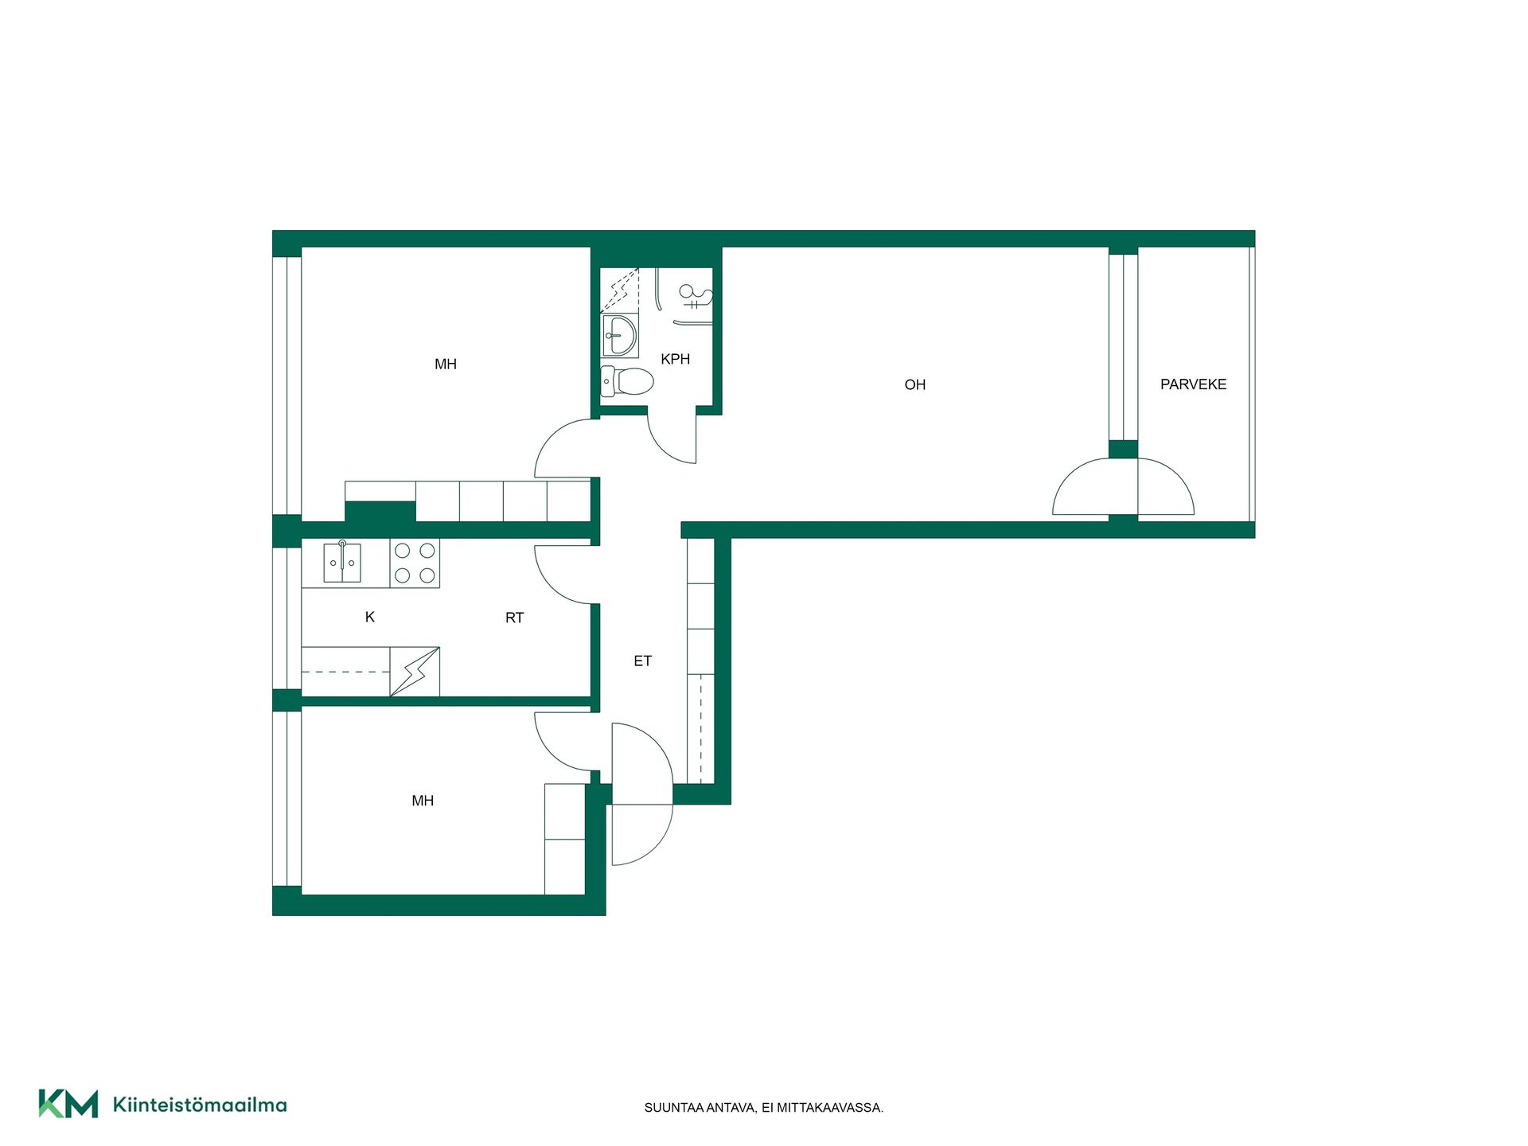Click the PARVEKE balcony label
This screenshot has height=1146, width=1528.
(1193, 384)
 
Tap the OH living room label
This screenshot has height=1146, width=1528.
(915, 385)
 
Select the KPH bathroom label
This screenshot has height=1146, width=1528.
(675, 359)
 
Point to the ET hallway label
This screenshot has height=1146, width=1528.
(642, 661)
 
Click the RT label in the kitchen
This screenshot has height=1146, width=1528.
(514, 618)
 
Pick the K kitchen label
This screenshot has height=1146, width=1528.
(369, 617)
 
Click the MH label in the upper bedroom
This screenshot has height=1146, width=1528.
(446, 364)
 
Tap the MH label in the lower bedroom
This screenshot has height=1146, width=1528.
(423, 801)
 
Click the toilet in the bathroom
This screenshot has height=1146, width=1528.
(627, 381)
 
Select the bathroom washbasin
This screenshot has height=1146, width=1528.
(619, 335)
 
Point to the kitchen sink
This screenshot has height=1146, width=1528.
(342, 563)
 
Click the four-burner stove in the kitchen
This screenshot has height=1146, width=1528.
(415, 563)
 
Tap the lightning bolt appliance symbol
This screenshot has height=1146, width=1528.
(415, 672)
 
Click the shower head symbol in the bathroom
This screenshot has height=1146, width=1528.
(695, 296)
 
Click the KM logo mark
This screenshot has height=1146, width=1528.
(68, 1104)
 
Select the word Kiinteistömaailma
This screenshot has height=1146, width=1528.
(200, 1105)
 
